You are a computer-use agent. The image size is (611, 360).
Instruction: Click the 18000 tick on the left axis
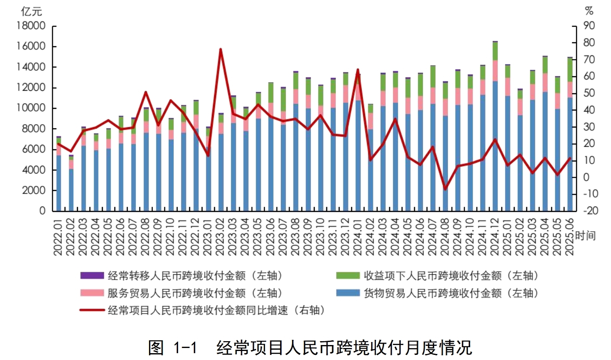point(31,26)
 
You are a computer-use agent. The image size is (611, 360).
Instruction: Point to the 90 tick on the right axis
point(589,26)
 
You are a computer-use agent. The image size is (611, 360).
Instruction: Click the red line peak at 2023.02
point(221,50)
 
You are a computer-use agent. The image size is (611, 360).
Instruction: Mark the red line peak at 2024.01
point(358,70)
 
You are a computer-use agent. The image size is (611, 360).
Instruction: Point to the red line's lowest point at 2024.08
point(445,189)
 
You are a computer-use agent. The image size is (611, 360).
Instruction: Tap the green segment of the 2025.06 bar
point(570,70)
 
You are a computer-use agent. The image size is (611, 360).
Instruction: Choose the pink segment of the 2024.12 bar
point(495,71)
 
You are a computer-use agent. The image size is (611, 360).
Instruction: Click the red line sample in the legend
point(92,310)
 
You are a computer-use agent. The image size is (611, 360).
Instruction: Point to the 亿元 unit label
point(32,12)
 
